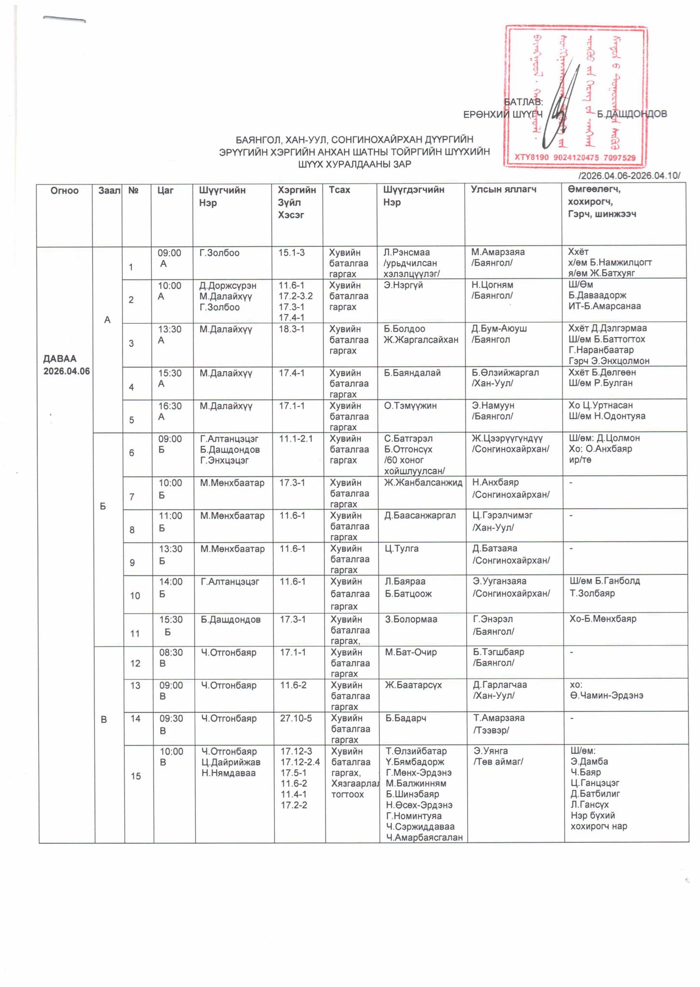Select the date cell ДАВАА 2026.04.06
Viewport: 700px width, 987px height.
point(67,365)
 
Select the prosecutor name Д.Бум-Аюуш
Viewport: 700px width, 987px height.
point(499,329)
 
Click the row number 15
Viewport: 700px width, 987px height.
point(136,776)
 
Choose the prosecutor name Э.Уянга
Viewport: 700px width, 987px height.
point(490,751)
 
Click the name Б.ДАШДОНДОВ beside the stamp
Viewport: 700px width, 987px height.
point(632,114)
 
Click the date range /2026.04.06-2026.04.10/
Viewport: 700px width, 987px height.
point(629,175)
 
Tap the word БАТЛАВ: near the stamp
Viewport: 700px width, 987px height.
point(523,102)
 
